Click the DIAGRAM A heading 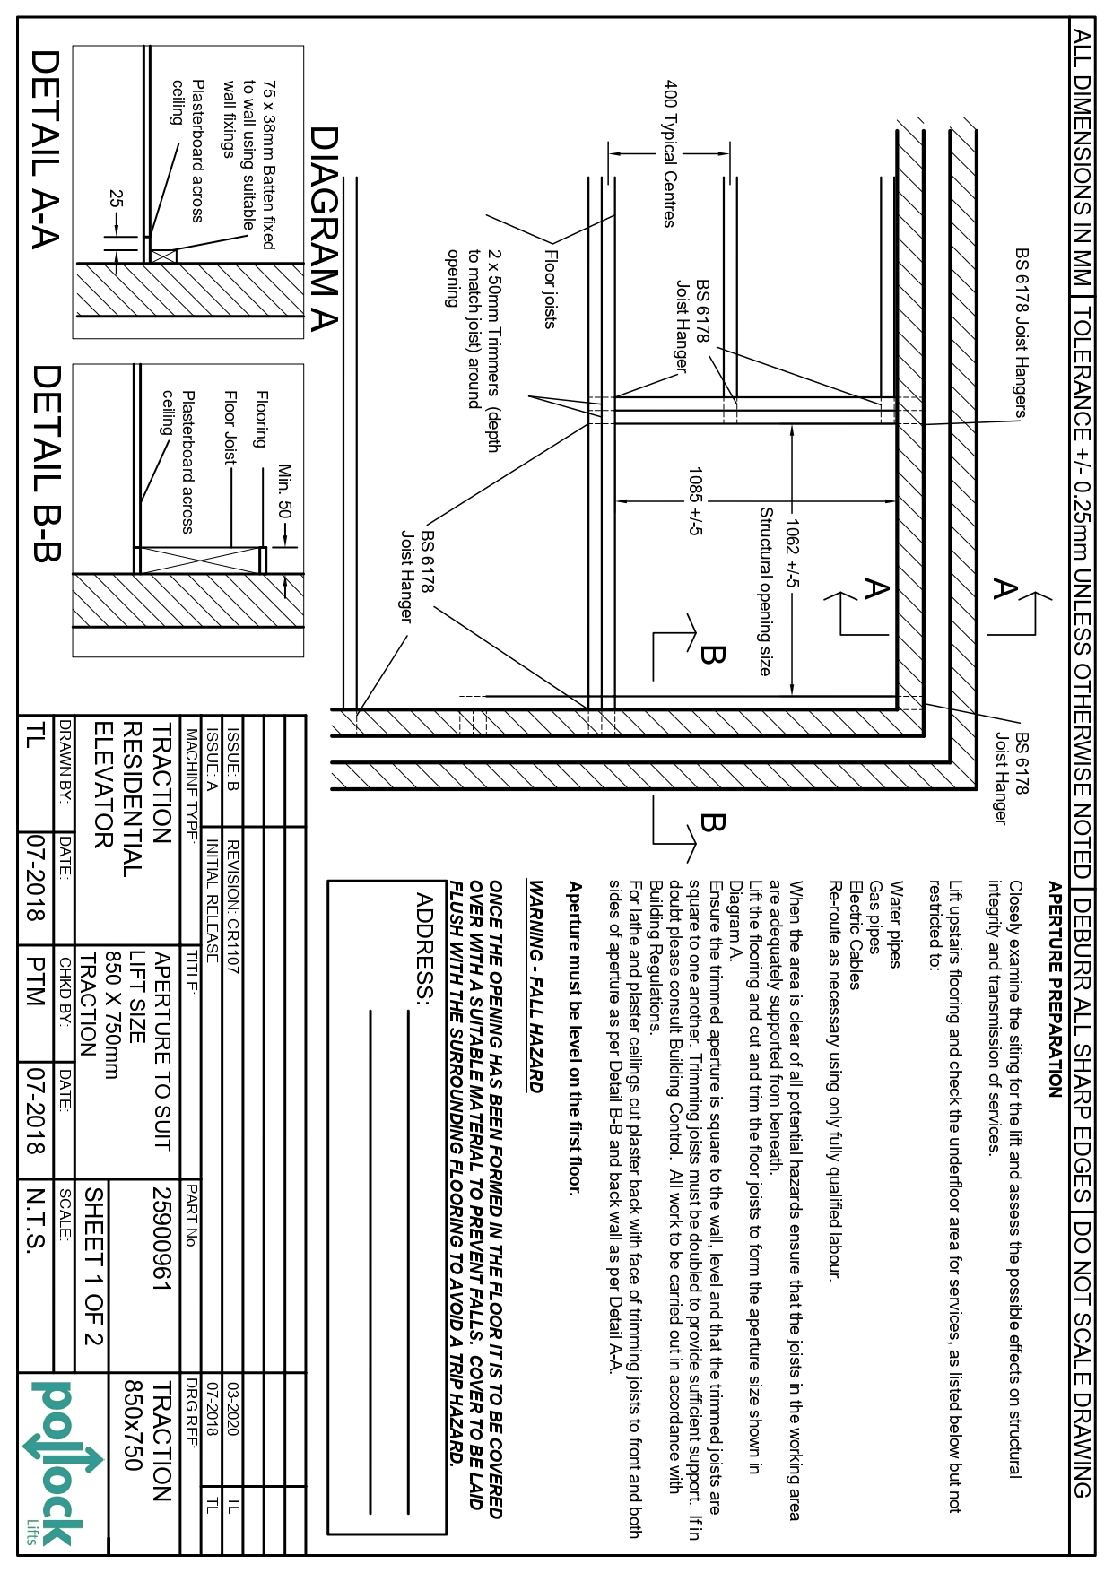pos(324,230)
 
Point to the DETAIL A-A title pos(45,149)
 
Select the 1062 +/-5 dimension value pos(793,553)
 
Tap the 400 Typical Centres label pos(669,153)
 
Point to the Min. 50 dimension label pos(285,491)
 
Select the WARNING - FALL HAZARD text pos(536,986)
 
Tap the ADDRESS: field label pos(425,949)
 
